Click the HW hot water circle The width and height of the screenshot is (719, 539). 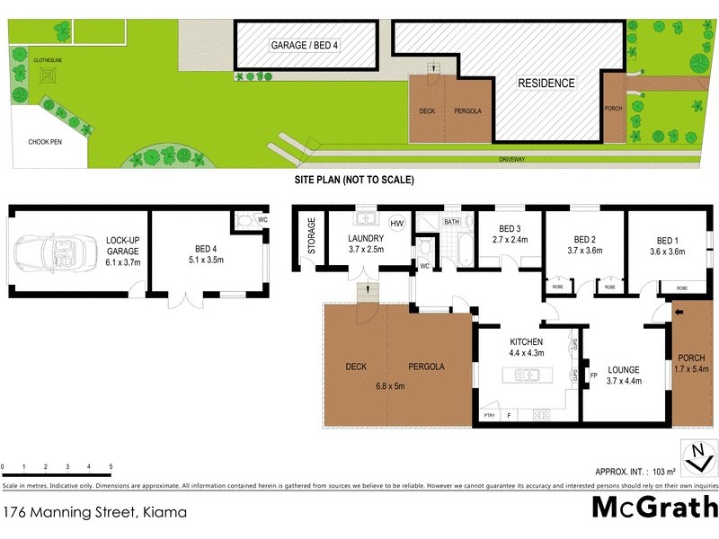point(396,223)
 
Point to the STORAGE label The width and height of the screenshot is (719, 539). point(312,235)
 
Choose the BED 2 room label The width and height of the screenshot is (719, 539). point(585,240)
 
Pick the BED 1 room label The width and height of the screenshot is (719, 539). point(665,240)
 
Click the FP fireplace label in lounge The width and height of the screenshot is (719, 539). point(593,376)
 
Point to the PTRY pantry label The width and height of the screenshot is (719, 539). point(489,415)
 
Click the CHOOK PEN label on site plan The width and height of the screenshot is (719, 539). point(45,142)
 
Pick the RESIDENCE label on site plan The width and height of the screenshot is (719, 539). point(546,84)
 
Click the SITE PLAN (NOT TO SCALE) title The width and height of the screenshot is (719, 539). point(354,180)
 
